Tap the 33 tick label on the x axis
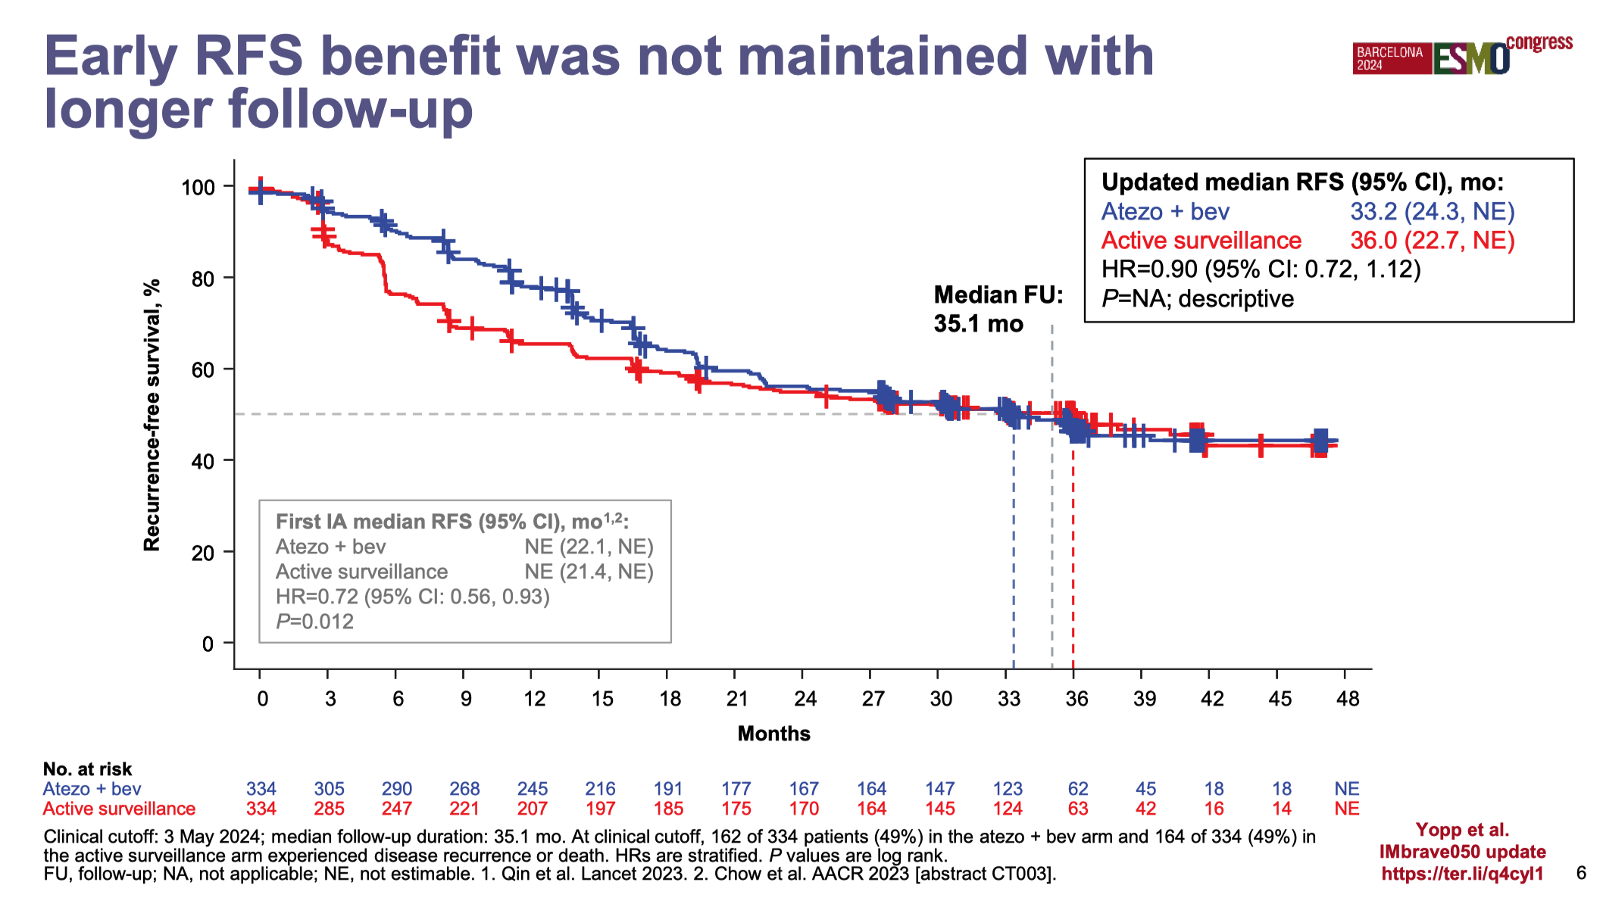pos(1008,698)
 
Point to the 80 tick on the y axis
pos(203,279)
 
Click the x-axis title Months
pos(773,733)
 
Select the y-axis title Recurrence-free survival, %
pos(152,415)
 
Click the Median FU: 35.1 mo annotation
pos(998,309)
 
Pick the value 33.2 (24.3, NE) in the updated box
pos(1432,211)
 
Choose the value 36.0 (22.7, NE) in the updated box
pos(1432,240)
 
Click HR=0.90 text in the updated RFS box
pos(1261,269)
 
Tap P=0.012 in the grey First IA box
pos(314,622)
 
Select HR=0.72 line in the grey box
pos(412,597)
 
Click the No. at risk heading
pos(87,769)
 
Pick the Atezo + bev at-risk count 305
pos(329,789)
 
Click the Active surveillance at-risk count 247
pos(396,809)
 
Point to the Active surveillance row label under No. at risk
pos(119,809)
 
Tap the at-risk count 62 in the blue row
pos(1077,789)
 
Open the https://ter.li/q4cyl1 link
pos(1462,874)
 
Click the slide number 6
pos(1581,873)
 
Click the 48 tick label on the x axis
pos(1348,698)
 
